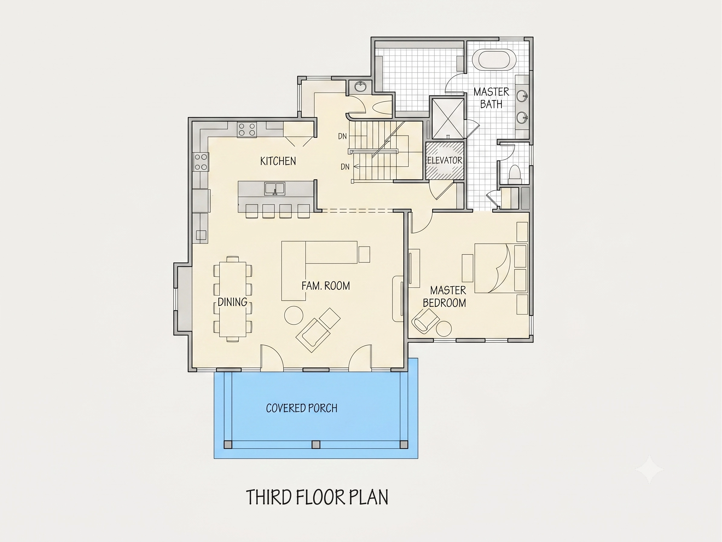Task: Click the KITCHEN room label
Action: click(278, 161)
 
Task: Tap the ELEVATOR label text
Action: click(445, 160)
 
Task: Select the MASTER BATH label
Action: click(491, 98)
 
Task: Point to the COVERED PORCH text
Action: click(301, 408)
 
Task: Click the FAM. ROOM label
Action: click(326, 286)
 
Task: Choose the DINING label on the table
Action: click(232, 302)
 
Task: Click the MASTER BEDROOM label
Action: click(445, 297)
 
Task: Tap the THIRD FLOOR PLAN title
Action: click(317, 497)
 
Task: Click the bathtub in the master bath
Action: click(498, 59)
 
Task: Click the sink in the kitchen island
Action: click(275, 189)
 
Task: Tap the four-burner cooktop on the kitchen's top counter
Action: click(247, 129)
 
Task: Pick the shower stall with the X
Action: click(448, 119)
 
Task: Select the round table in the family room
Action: click(294, 315)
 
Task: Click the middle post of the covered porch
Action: click(316, 445)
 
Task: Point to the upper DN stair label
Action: click(342, 136)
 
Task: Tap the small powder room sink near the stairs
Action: click(360, 87)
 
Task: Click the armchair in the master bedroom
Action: click(425, 321)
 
